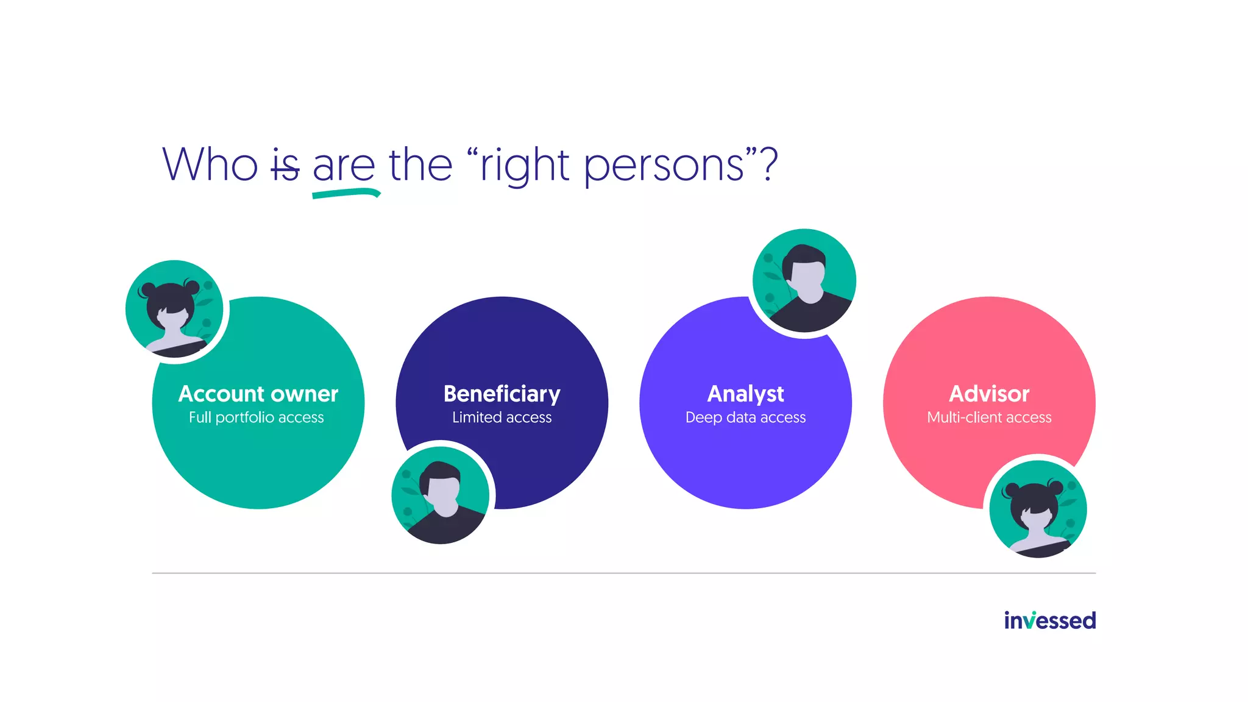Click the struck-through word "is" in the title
[285, 166]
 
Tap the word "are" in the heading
[344, 166]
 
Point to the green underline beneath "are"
[346, 194]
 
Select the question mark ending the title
[769, 165]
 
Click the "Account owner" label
[258, 394]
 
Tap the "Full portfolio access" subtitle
[257, 417]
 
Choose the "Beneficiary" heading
[502, 394]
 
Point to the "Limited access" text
[502, 417]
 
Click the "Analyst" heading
[745, 394]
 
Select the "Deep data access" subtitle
[745, 417]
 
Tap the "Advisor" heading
[989, 394]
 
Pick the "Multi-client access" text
[989, 417]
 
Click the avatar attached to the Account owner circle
[174, 310]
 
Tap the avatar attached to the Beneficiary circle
[441, 495]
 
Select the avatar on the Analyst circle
[804, 280]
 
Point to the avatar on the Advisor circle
[1038, 509]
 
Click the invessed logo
[1049, 620]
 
